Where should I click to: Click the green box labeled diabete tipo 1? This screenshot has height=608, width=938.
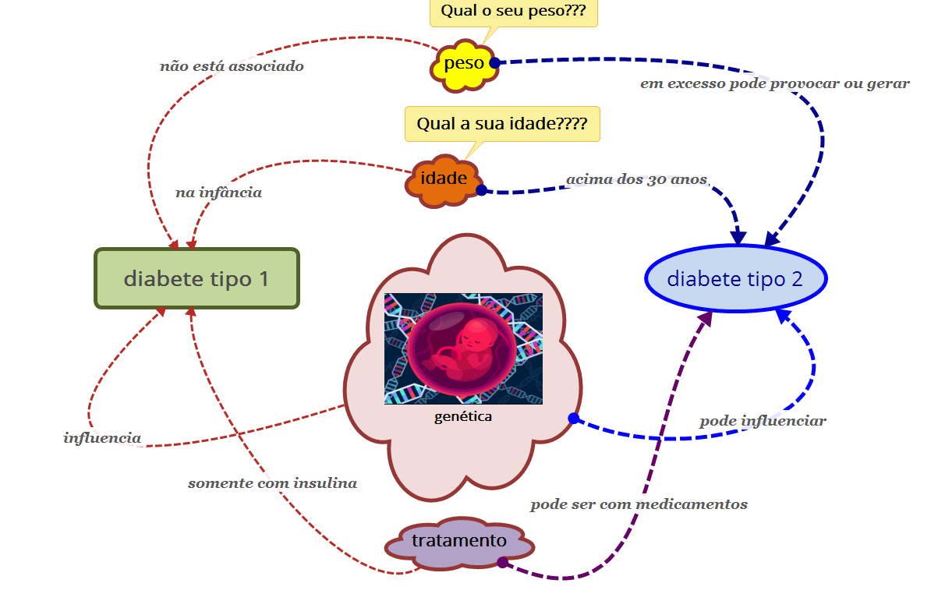point(196,278)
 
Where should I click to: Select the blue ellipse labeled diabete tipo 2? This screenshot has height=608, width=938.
point(734,278)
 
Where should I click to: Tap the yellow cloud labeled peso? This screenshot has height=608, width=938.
point(464,64)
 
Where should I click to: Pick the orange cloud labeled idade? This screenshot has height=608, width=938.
point(443,179)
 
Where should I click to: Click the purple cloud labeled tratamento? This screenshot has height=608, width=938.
point(458,541)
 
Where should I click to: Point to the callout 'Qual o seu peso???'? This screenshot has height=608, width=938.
point(513,12)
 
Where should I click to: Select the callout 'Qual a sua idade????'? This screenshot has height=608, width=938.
point(502,123)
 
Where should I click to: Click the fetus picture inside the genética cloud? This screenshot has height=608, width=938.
point(463,348)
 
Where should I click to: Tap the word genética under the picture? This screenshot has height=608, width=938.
point(463,416)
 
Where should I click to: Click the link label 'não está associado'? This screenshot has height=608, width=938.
point(232,66)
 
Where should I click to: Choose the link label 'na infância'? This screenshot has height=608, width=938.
point(218,193)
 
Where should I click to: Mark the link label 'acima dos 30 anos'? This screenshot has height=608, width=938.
point(636,180)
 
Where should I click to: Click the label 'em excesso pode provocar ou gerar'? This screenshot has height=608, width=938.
point(774,83)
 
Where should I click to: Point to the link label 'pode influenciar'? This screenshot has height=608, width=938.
point(762,421)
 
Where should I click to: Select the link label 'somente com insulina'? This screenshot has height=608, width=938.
point(272,483)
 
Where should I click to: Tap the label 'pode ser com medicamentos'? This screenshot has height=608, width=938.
point(639,504)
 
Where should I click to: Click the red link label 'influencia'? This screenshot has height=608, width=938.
point(102,438)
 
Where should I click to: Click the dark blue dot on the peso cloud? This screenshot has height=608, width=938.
point(494,62)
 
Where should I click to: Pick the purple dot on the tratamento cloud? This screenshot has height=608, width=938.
point(502,563)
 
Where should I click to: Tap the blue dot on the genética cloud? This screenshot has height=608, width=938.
point(573,419)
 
